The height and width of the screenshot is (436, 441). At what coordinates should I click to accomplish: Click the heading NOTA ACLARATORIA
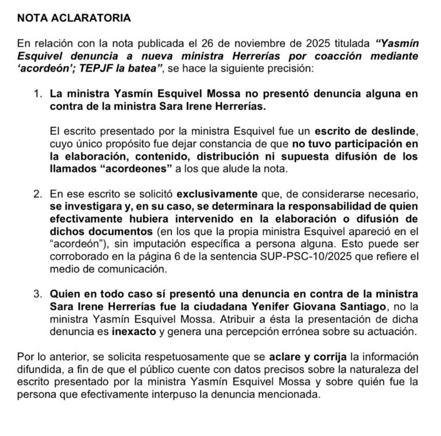74,18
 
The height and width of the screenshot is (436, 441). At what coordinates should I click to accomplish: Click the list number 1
37,92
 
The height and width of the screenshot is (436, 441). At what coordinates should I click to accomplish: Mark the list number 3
37,294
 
